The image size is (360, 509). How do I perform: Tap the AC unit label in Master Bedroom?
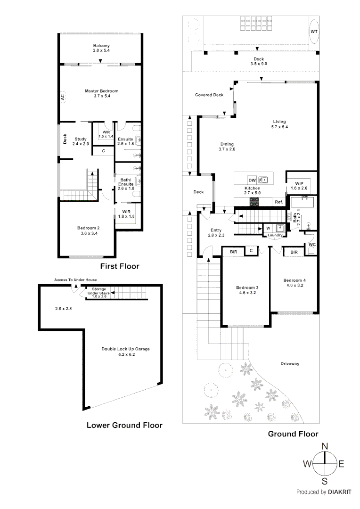point(62,97)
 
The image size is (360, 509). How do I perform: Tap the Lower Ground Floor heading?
point(124,425)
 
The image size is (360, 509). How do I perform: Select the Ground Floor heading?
point(293,434)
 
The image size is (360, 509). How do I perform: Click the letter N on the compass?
point(325,446)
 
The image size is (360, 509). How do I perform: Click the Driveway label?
point(290,364)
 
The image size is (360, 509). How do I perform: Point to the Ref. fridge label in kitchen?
point(278,202)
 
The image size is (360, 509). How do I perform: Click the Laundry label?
point(275,235)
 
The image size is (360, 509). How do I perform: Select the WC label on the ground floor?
point(312,245)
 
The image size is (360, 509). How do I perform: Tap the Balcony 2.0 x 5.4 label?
point(101,48)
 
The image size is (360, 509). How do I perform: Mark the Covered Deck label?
point(209,95)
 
